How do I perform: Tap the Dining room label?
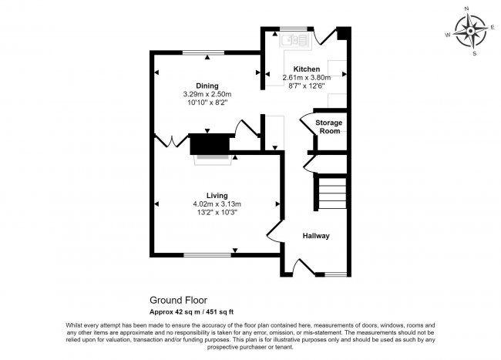[206, 86]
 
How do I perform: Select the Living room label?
[217, 195]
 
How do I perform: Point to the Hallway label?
[315, 236]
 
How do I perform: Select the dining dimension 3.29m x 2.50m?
[207, 94]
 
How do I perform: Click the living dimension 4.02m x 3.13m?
[217, 204]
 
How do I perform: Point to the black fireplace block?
[210, 143]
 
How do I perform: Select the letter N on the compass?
[468, 9]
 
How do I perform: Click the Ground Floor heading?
[177, 301]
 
